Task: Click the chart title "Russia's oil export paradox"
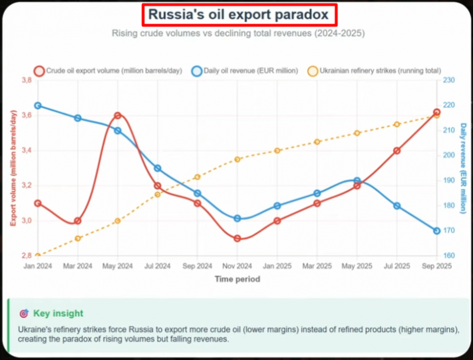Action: pyautogui.click(x=238, y=14)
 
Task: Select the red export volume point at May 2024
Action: pyautogui.click(x=118, y=116)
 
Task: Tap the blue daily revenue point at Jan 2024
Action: pyautogui.click(x=38, y=105)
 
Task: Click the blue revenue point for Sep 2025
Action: pyautogui.click(x=436, y=231)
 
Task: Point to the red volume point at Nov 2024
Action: pyautogui.click(x=237, y=239)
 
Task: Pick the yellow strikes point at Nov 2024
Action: pyautogui.click(x=237, y=160)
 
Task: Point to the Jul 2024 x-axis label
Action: pyautogui.click(x=157, y=266)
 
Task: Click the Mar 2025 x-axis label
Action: pyautogui.click(x=317, y=266)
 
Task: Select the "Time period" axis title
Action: pyautogui.click(x=237, y=279)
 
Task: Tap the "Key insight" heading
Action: pyautogui.click(x=58, y=313)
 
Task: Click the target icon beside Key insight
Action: pyautogui.click(x=24, y=313)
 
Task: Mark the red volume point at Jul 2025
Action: pyautogui.click(x=397, y=151)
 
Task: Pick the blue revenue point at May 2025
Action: pyautogui.click(x=357, y=181)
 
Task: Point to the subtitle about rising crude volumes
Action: pyautogui.click(x=238, y=33)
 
